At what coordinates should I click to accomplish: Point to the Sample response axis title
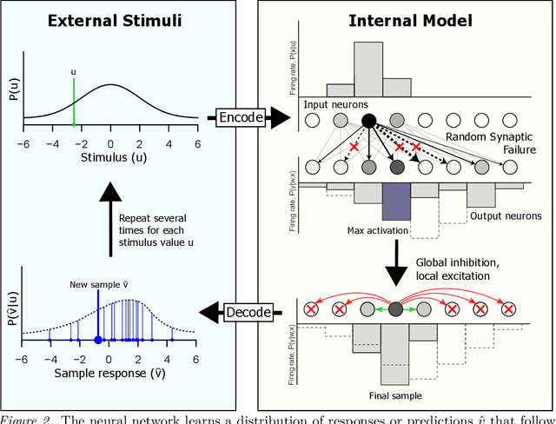pos(111,374)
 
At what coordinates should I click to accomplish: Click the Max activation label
pos(372,229)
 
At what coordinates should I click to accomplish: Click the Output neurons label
pos(504,215)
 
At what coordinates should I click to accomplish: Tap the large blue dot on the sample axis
pos(97,341)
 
